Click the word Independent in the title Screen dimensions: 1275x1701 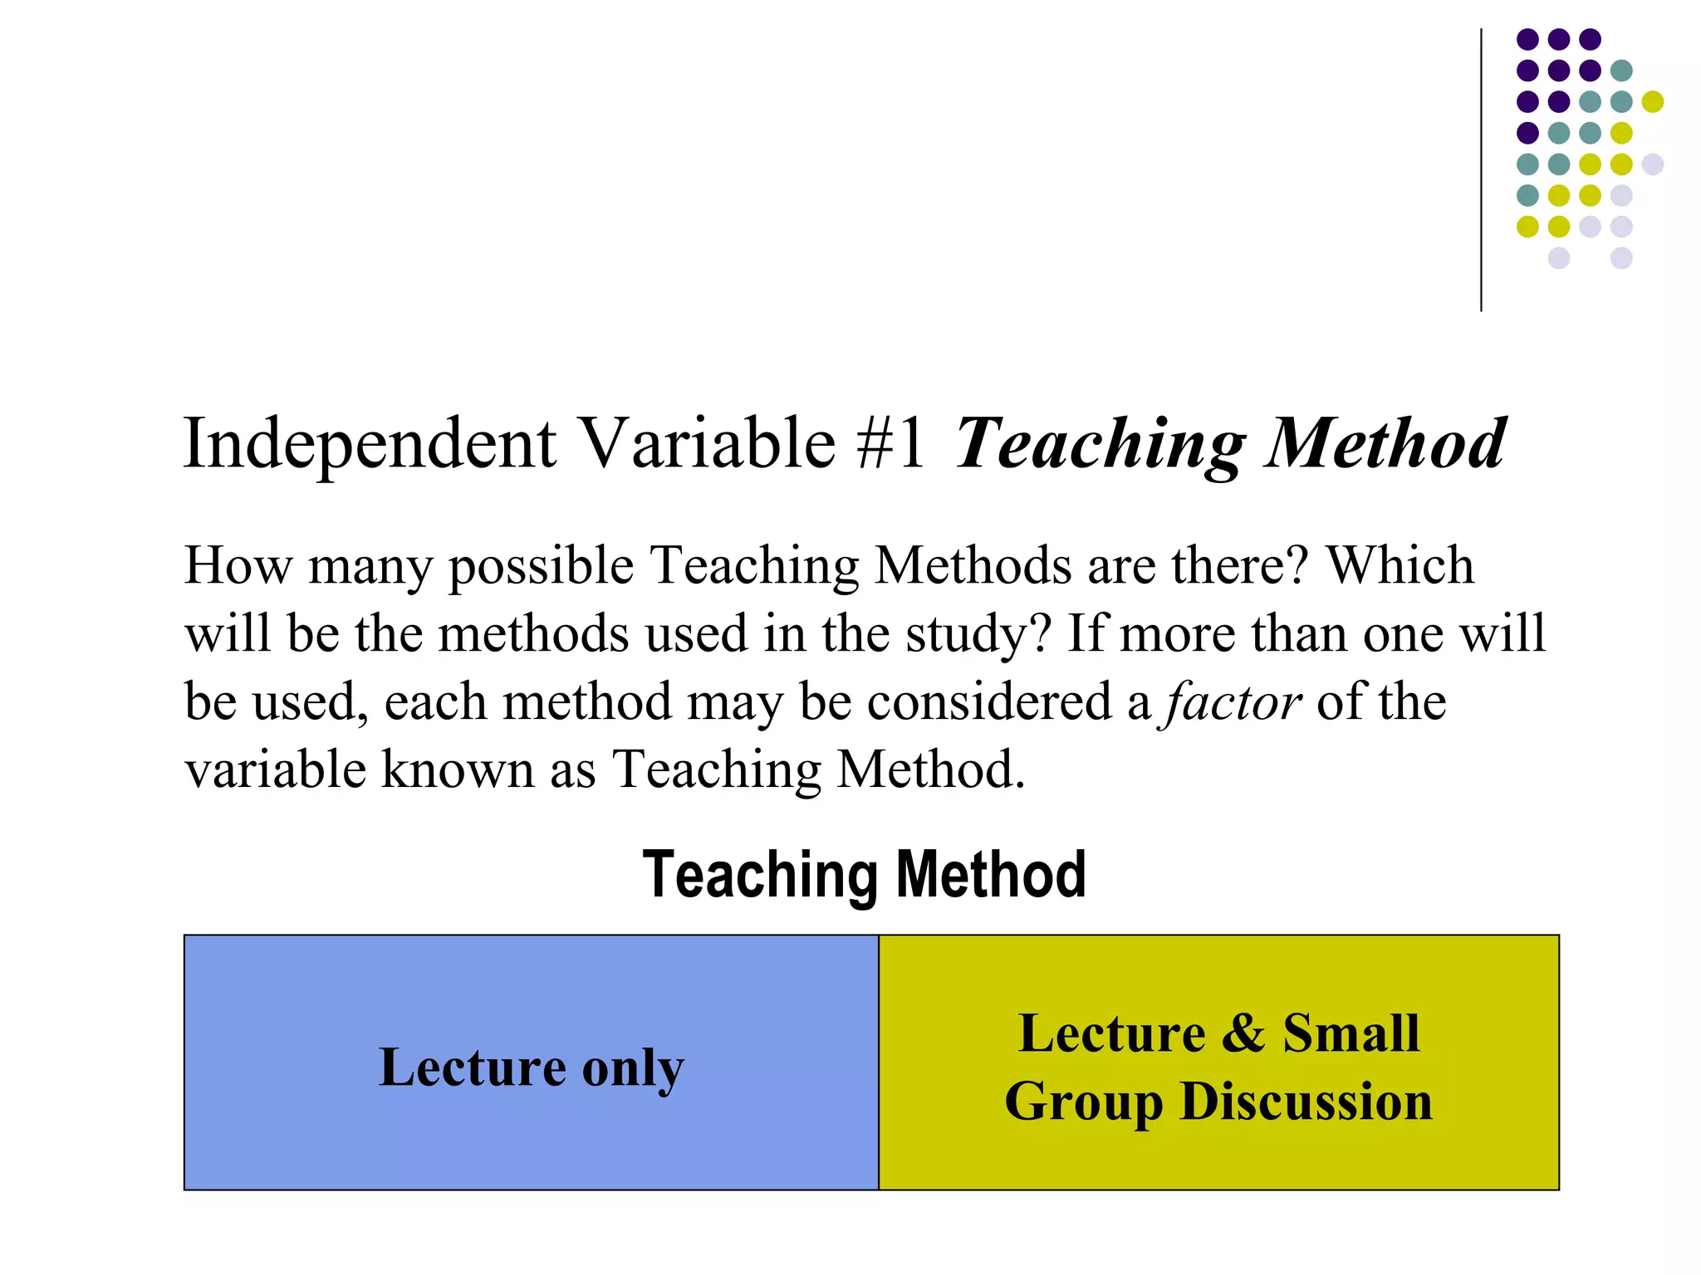[x=370, y=444]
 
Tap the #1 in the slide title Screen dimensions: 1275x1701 [x=890, y=444]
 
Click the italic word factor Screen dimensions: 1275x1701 [x=1233, y=703]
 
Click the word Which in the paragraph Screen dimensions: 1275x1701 [x=1400, y=566]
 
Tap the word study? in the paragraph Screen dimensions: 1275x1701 [x=978, y=636]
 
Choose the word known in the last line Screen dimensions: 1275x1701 [x=458, y=770]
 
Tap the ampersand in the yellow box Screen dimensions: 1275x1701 [x=1243, y=1034]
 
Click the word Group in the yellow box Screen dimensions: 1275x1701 [x=1084, y=1104]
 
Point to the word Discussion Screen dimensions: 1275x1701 [x=1306, y=1102]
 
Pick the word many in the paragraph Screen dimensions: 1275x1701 [x=370, y=568]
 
